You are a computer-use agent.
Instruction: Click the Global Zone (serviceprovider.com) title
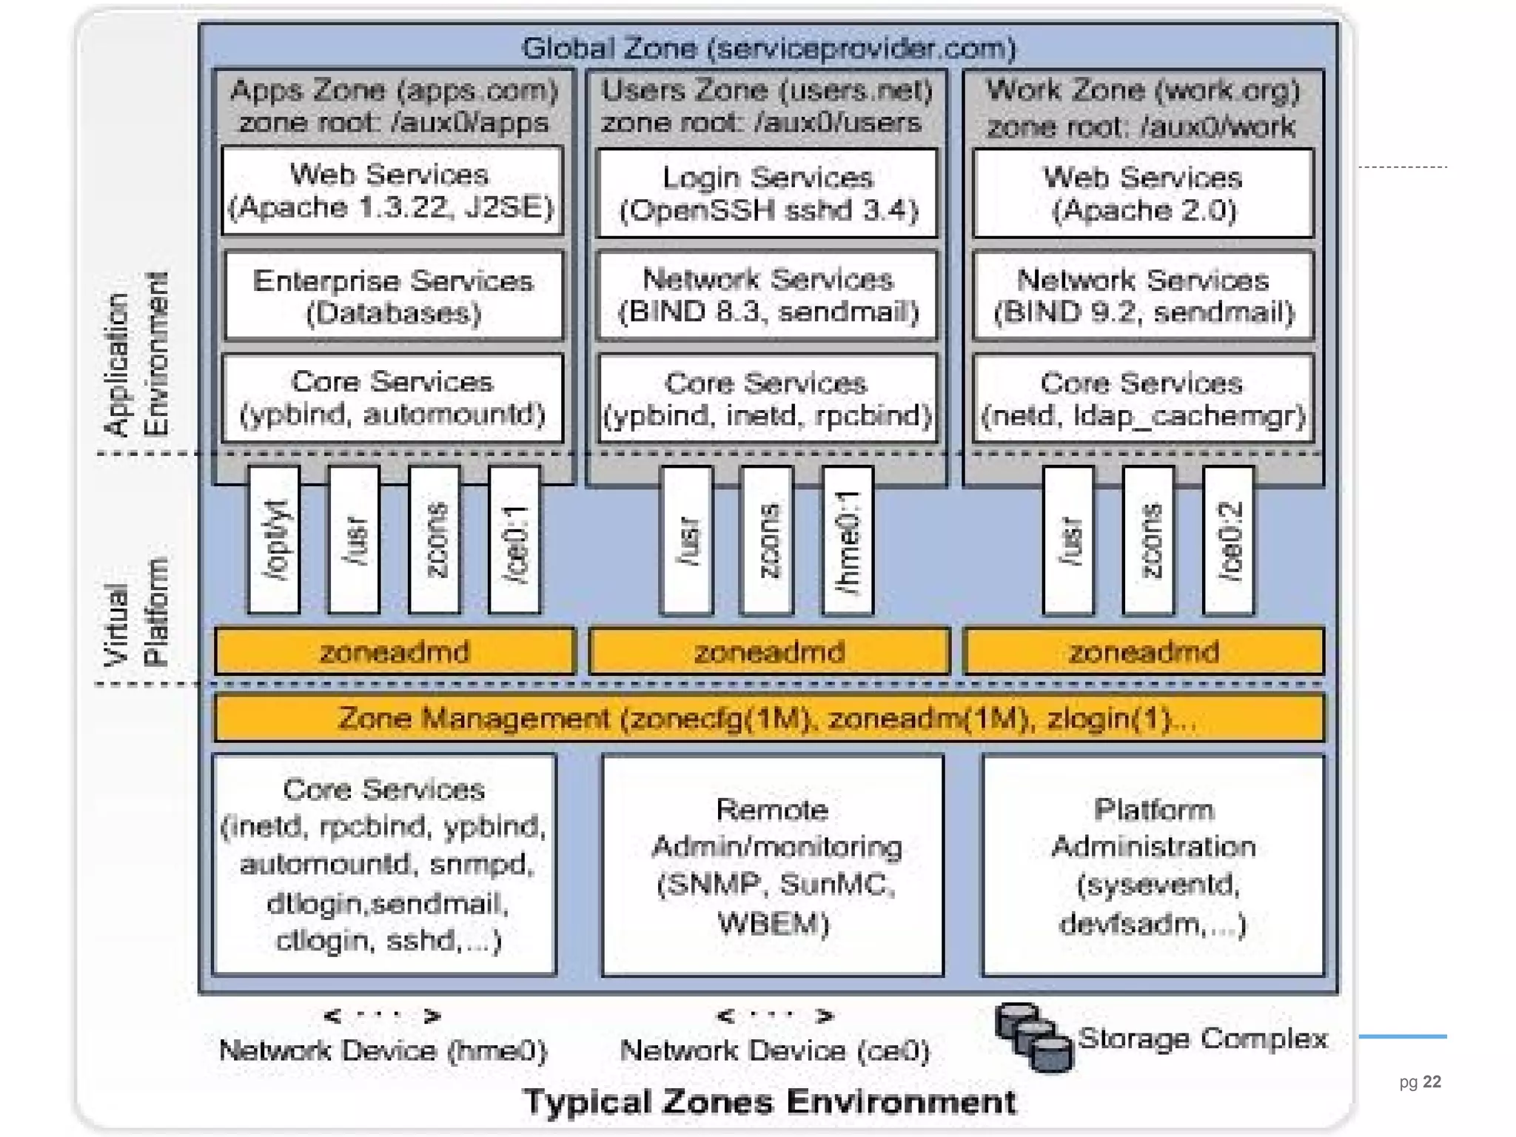click(768, 49)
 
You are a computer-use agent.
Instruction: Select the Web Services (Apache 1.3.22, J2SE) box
click(392, 191)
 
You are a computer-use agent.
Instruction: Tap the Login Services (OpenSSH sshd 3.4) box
click(768, 194)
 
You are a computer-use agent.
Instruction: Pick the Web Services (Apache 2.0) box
click(1144, 194)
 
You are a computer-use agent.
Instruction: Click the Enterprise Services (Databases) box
click(393, 296)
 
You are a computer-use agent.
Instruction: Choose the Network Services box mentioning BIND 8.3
click(768, 296)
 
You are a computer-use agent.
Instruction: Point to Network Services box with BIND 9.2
click(1144, 296)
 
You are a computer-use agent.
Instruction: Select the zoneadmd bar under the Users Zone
click(770, 652)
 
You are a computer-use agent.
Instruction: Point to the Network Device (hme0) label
click(383, 1051)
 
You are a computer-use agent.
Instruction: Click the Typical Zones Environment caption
click(770, 1102)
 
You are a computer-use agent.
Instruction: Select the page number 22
click(1432, 1082)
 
